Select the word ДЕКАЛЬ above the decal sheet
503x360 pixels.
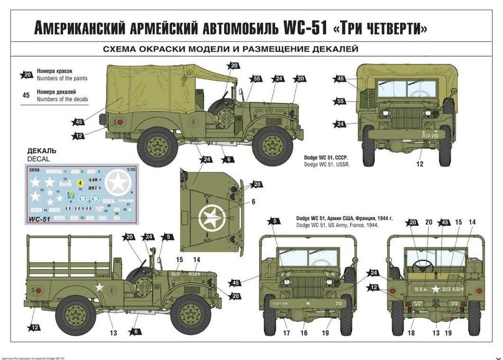[x=42, y=151]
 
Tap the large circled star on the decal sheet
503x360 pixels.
[x=119, y=183]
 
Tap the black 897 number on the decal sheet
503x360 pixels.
[x=93, y=188]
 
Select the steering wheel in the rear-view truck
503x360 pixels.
[x=422, y=265]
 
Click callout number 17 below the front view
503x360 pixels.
[x=286, y=333]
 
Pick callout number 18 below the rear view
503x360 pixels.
[x=410, y=333]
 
